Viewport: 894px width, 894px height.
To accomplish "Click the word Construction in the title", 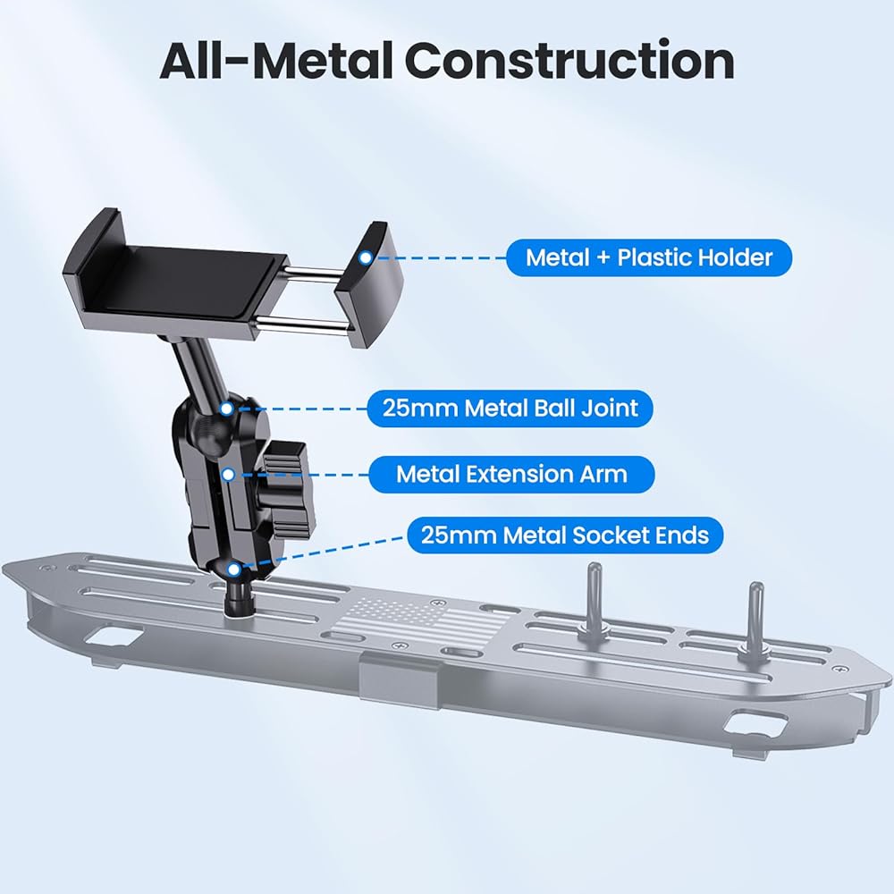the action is (569, 61).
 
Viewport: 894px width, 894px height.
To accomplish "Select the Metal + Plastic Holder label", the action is (649, 257).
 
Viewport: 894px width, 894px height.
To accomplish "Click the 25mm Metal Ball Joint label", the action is (510, 409).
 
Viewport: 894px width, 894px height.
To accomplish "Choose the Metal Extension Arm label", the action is (511, 475).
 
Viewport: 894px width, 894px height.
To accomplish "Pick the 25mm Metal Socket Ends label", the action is (565, 536).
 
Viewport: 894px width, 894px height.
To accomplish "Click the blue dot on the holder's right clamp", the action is (366, 257).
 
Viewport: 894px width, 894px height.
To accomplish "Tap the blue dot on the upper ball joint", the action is (227, 409).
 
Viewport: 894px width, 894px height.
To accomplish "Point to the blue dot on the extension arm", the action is (228, 475).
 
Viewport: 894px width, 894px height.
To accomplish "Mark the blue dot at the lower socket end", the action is (233, 569).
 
